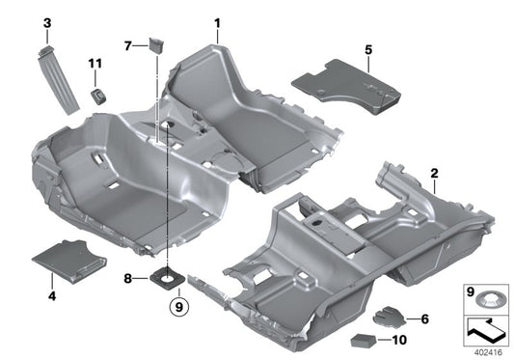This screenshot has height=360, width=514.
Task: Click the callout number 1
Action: click(x=217, y=22)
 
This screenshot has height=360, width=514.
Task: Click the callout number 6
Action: click(x=424, y=318)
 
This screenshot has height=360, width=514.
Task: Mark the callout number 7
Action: click(x=128, y=45)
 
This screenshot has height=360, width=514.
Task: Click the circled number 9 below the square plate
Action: click(x=175, y=308)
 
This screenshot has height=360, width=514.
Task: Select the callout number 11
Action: click(x=95, y=64)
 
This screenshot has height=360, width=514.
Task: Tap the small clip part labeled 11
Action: click(x=97, y=94)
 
